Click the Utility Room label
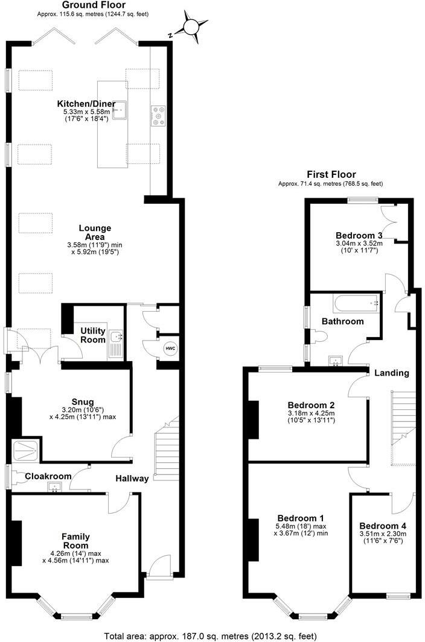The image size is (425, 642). pos(94,336)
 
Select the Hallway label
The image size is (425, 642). pos(132,479)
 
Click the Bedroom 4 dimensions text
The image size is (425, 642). pos(382,537)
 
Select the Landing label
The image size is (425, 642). pos(391,373)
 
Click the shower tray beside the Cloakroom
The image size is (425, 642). pos(26,449)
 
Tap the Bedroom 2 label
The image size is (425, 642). pos(311,405)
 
